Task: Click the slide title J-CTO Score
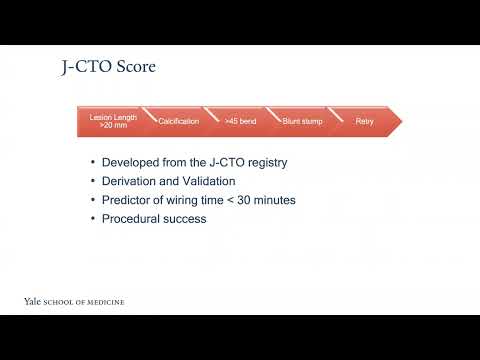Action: [x=109, y=69]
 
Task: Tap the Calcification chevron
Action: [x=178, y=121]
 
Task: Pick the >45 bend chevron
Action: [x=235, y=121]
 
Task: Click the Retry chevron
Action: [x=364, y=121]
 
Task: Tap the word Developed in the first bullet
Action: [x=133, y=163]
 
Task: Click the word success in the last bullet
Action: [x=188, y=219]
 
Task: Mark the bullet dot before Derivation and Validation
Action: [x=93, y=182]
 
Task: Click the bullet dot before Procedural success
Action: [x=93, y=219]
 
